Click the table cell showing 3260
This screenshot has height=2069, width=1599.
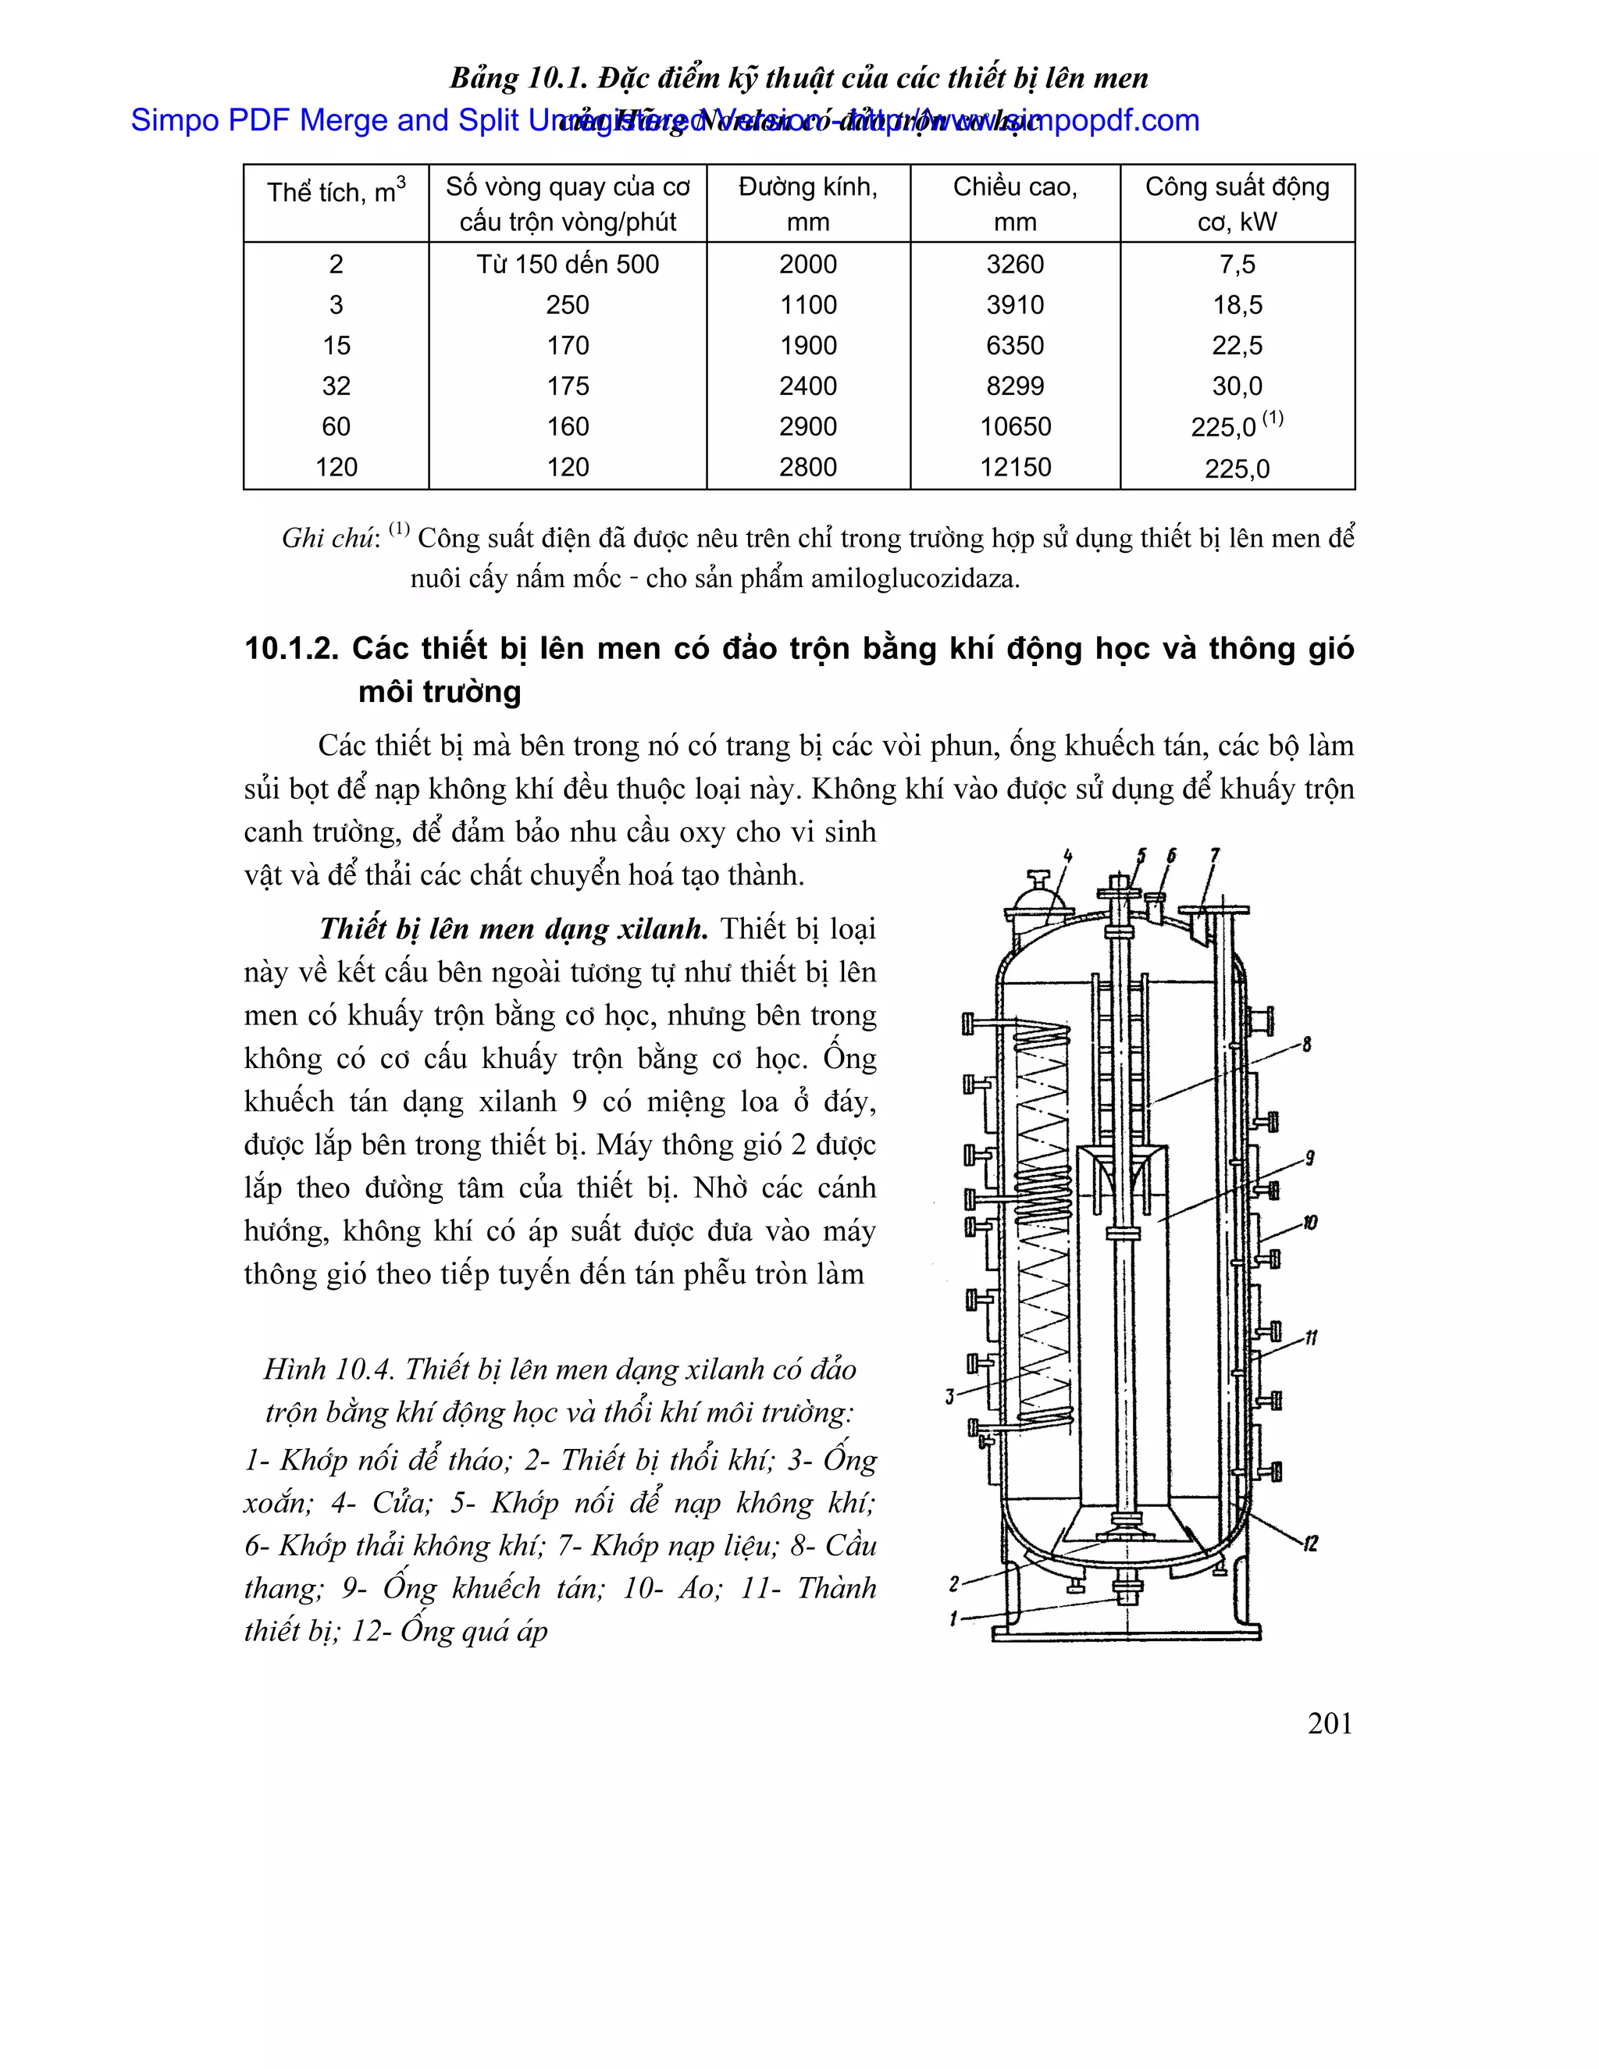coord(1014,265)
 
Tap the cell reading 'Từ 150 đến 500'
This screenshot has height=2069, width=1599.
coord(568,265)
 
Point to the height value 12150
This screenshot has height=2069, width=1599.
coord(1014,467)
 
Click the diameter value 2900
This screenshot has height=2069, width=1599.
coord(807,426)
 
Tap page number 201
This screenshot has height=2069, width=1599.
coord(1329,1723)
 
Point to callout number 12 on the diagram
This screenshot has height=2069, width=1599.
coord(1310,1545)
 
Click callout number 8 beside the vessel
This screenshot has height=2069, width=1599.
coord(1307,1045)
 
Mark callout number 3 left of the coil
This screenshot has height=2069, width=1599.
coord(950,1397)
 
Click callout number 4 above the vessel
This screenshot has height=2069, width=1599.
coord(1067,856)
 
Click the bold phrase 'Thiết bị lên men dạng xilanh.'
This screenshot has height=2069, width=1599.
coord(514,928)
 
